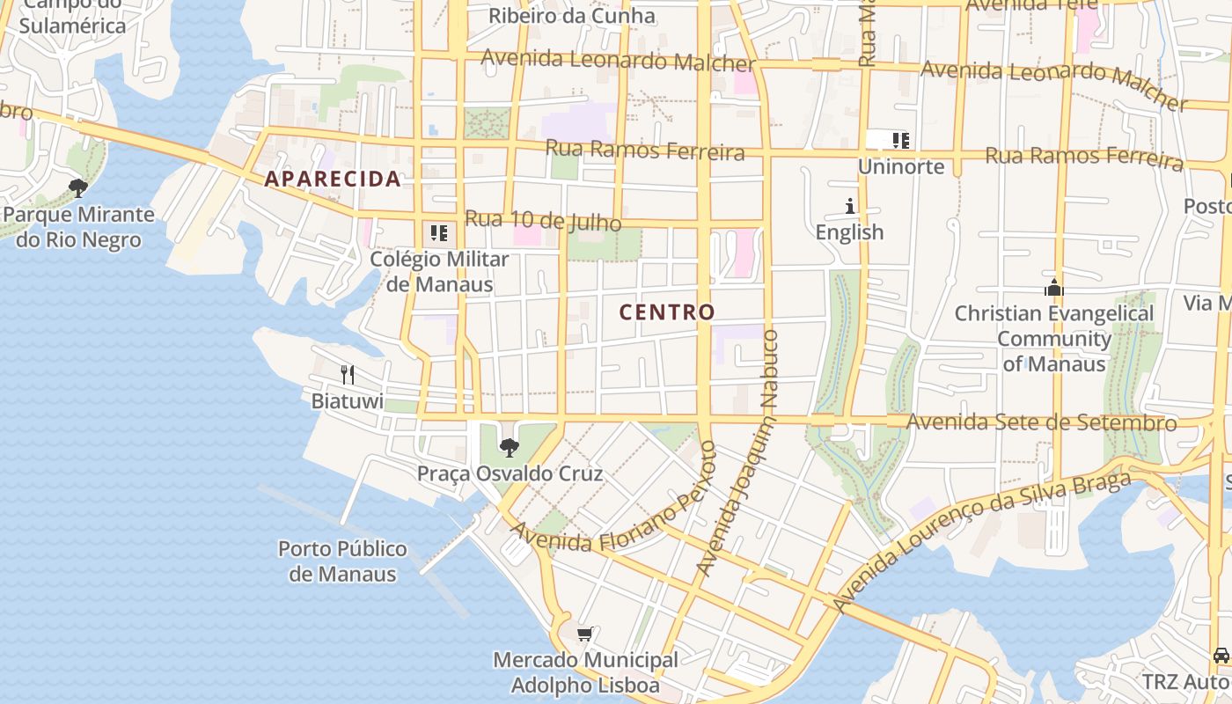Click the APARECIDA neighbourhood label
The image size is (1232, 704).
tap(333, 179)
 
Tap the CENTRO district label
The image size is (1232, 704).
tap(667, 312)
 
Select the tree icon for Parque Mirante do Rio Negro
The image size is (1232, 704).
tap(78, 187)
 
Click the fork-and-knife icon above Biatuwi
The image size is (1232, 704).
tap(348, 375)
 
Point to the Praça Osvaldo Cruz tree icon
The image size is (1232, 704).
tap(510, 448)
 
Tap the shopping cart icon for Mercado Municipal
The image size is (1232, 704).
tap(585, 634)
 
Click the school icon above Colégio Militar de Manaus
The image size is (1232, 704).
tap(439, 233)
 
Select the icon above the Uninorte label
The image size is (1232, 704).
tap(900, 140)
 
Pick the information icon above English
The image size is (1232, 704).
tap(850, 207)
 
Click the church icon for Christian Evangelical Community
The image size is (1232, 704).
tap(1053, 288)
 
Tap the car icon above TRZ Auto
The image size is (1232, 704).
tap(1221, 656)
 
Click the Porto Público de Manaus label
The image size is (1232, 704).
tap(342, 561)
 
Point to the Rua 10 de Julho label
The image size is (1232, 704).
tap(543, 220)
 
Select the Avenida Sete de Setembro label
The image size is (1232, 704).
tap(1041, 422)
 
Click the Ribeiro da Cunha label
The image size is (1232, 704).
tap(572, 15)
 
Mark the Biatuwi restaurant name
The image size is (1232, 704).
tap(348, 401)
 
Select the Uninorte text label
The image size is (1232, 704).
tap(900, 166)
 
